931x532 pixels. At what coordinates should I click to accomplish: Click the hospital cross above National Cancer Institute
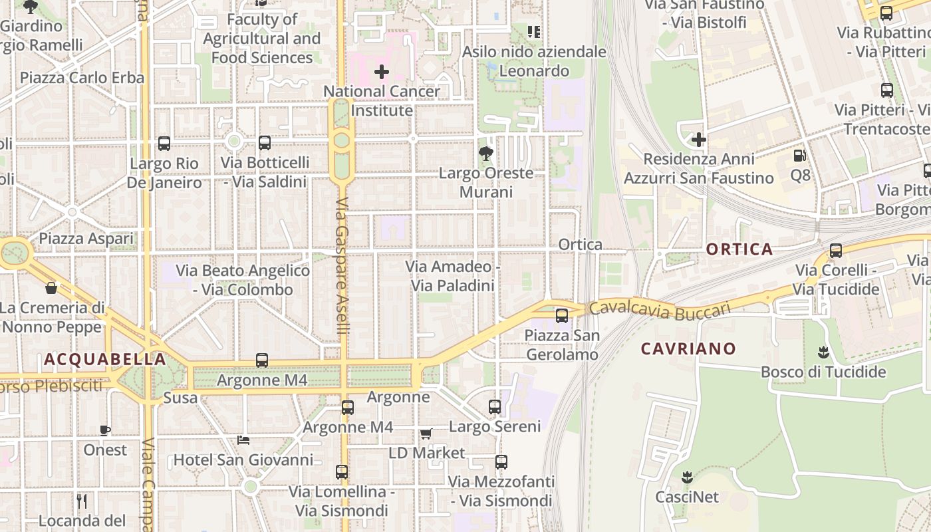tap(382, 71)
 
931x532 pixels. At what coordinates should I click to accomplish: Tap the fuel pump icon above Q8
tap(799, 156)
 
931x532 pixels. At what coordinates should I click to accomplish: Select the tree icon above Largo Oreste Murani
tap(486, 154)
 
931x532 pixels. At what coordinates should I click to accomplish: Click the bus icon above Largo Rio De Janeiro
tap(164, 143)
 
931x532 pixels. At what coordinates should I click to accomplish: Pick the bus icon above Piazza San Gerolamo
tap(562, 315)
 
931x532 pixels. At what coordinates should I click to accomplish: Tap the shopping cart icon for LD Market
tap(426, 434)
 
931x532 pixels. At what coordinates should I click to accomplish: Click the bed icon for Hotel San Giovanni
tap(243, 440)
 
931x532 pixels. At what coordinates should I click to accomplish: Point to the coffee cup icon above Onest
tap(104, 430)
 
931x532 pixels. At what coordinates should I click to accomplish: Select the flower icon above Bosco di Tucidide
tap(823, 352)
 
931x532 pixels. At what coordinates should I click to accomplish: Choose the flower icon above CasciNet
tap(687, 477)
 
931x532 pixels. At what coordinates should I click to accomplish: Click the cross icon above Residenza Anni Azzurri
tap(698, 140)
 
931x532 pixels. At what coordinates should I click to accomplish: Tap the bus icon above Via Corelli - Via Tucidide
tap(836, 251)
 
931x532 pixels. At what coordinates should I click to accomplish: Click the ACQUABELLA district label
tap(105, 360)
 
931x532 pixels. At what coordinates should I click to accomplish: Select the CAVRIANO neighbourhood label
tap(688, 348)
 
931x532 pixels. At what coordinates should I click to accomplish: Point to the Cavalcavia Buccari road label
tap(660, 309)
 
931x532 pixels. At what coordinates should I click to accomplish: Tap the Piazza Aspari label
tap(86, 238)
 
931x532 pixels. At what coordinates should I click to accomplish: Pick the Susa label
tap(180, 398)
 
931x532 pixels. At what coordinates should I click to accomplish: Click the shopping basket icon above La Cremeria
tap(51, 288)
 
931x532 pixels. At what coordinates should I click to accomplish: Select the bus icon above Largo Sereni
tap(495, 406)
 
